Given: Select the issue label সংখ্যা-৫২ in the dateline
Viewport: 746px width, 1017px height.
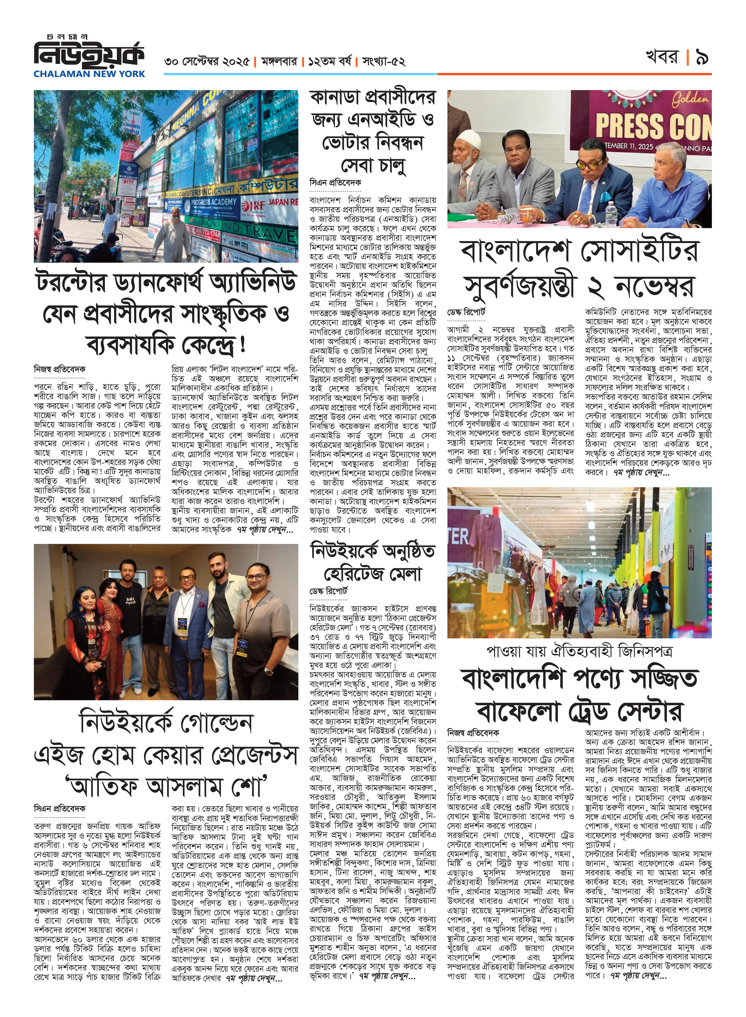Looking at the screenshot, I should coord(384,62).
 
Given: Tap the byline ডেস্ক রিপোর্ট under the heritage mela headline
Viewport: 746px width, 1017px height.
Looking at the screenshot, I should coord(329,591).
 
